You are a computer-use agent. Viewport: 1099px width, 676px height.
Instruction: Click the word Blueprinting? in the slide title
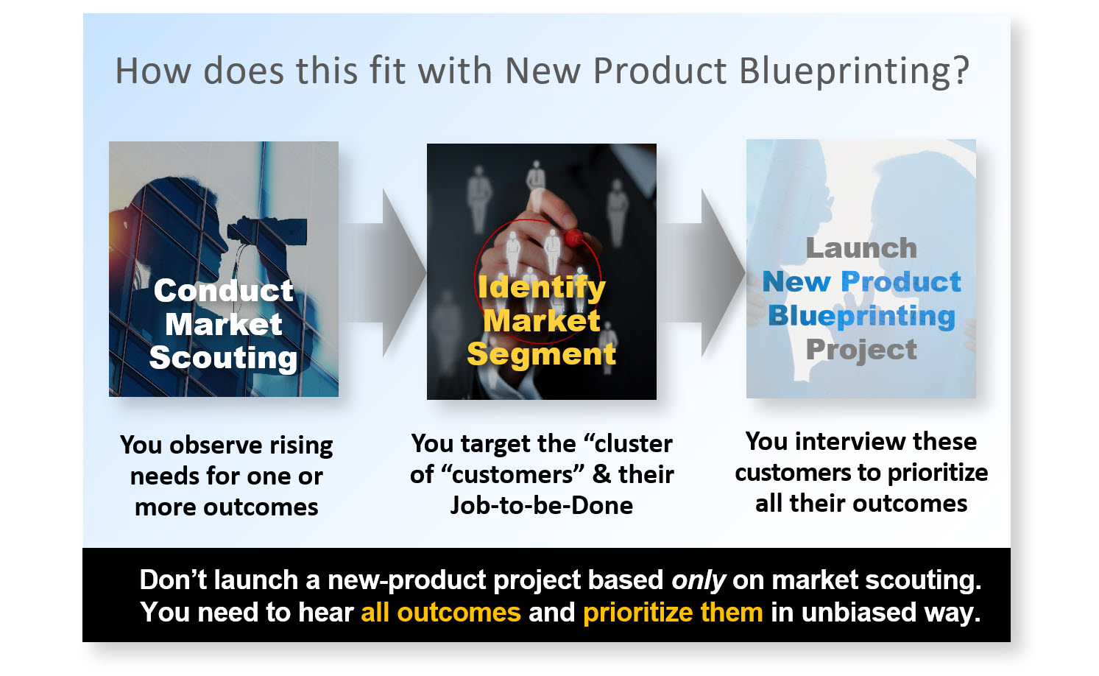pyautogui.click(x=854, y=72)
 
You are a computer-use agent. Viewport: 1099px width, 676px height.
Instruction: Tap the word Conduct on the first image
pyautogui.click(x=224, y=291)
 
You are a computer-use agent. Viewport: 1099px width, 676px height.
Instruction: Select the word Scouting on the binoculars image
pyautogui.click(x=224, y=358)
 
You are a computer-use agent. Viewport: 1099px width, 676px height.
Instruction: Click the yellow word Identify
pyautogui.click(x=542, y=287)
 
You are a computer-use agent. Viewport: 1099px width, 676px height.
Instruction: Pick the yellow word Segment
pyautogui.click(x=542, y=354)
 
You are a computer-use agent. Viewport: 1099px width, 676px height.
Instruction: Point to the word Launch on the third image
pyautogui.click(x=861, y=248)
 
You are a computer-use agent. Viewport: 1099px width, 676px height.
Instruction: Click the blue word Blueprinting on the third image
pyautogui.click(x=861, y=316)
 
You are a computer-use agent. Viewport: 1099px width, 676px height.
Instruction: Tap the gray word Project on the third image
pyautogui.click(x=861, y=350)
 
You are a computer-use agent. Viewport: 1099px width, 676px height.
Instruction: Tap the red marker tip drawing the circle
pyautogui.click(x=573, y=237)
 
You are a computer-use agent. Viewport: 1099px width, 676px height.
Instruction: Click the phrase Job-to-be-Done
pyautogui.click(x=542, y=505)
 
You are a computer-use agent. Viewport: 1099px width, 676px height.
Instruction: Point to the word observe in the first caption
pyautogui.click(x=208, y=446)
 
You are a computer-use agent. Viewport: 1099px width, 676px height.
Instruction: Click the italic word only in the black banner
pyautogui.click(x=699, y=580)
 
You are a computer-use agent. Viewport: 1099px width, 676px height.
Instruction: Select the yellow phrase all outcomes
pyautogui.click(x=441, y=613)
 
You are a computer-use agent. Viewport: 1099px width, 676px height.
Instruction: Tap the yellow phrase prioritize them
pyautogui.click(x=673, y=613)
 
